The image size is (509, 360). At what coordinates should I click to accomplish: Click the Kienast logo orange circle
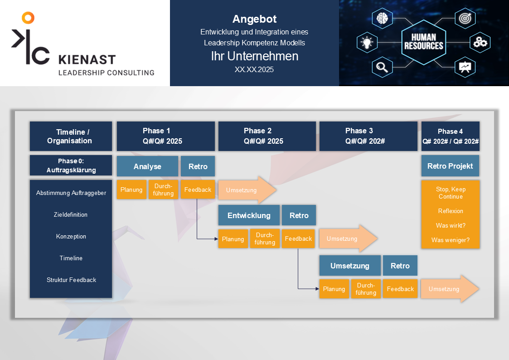point(28,18)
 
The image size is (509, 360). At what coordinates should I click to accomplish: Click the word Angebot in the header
point(254,19)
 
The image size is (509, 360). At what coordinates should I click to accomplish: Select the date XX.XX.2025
point(254,70)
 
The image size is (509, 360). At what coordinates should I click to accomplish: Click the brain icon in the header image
point(381,18)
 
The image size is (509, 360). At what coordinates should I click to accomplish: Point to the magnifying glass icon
point(381,68)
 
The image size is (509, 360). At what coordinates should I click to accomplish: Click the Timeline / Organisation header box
point(71,136)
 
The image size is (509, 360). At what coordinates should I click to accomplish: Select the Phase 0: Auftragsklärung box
point(71,165)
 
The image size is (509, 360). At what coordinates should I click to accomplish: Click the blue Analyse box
point(147,166)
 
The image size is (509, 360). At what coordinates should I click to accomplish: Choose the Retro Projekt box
point(450,166)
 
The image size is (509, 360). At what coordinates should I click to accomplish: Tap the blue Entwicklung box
point(249,215)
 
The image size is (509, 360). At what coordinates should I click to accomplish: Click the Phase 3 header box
point(368,136)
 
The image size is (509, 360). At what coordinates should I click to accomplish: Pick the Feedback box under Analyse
point(198,190)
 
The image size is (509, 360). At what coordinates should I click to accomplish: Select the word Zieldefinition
point(71,214)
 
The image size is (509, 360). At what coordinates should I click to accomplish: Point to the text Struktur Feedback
point(71,280)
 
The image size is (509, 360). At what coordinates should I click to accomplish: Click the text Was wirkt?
point(450,225)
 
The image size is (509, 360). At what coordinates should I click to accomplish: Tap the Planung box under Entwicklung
point(233,239)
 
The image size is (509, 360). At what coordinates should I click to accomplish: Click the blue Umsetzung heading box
point(349,266)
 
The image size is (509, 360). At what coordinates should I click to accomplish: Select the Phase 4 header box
point(450,136)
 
